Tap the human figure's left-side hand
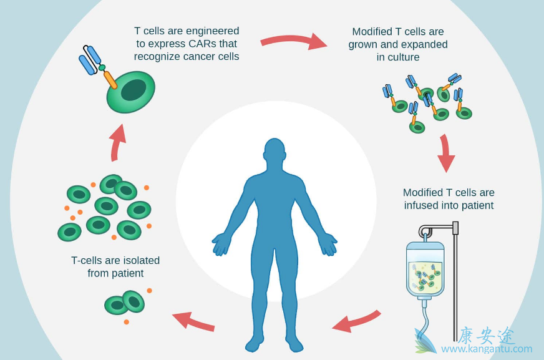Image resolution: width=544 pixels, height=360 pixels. [x=221, y=243]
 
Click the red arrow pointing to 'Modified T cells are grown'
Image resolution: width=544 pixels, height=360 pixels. [x=293, y=41]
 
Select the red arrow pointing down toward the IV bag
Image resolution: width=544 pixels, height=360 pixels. [x=445, y=153]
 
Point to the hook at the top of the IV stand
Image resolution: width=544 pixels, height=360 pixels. [x=426, y=231]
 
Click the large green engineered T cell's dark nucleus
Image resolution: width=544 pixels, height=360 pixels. [x=133, y=90]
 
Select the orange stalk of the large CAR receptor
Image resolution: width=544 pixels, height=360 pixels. [x=110, y=79]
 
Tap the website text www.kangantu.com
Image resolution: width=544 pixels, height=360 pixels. [x=487, y=349]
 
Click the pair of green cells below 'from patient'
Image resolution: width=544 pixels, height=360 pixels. [x=125, y=303]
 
